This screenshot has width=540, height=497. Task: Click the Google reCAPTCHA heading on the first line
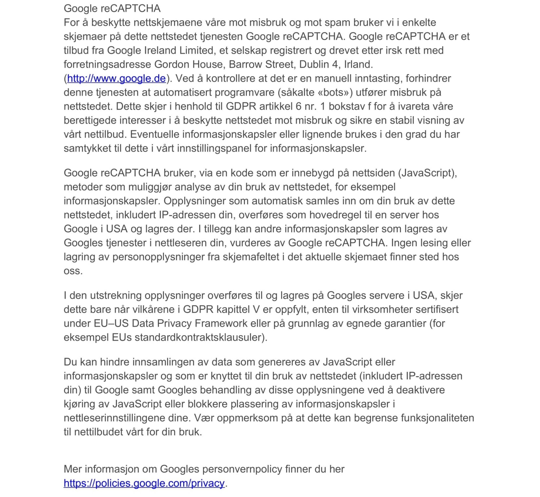coord(112,9)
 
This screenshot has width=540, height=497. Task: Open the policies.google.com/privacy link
coord(144,483)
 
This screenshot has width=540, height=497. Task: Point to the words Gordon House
coord(188,64)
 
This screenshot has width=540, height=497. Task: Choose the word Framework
coord(221,323)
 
